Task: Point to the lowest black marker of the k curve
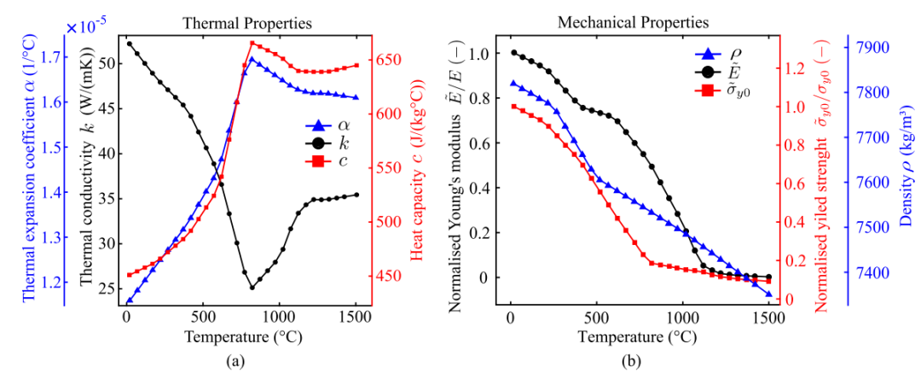click(252, 287)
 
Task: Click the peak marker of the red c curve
click(252, 43)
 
